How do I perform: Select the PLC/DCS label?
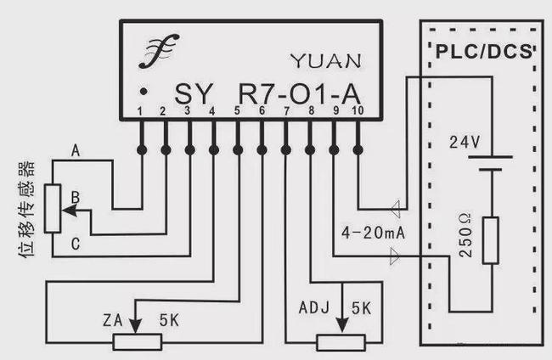[x=483, y=50]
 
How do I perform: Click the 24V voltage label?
[x=465, y=143]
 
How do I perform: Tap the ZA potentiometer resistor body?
[x=138, y=341]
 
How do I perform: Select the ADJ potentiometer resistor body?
[x=341, y=341]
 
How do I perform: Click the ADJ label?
[x=311, y=307]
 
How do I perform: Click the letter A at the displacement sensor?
[x=76, y=152]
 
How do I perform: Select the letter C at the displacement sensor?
[x=76, y=245]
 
